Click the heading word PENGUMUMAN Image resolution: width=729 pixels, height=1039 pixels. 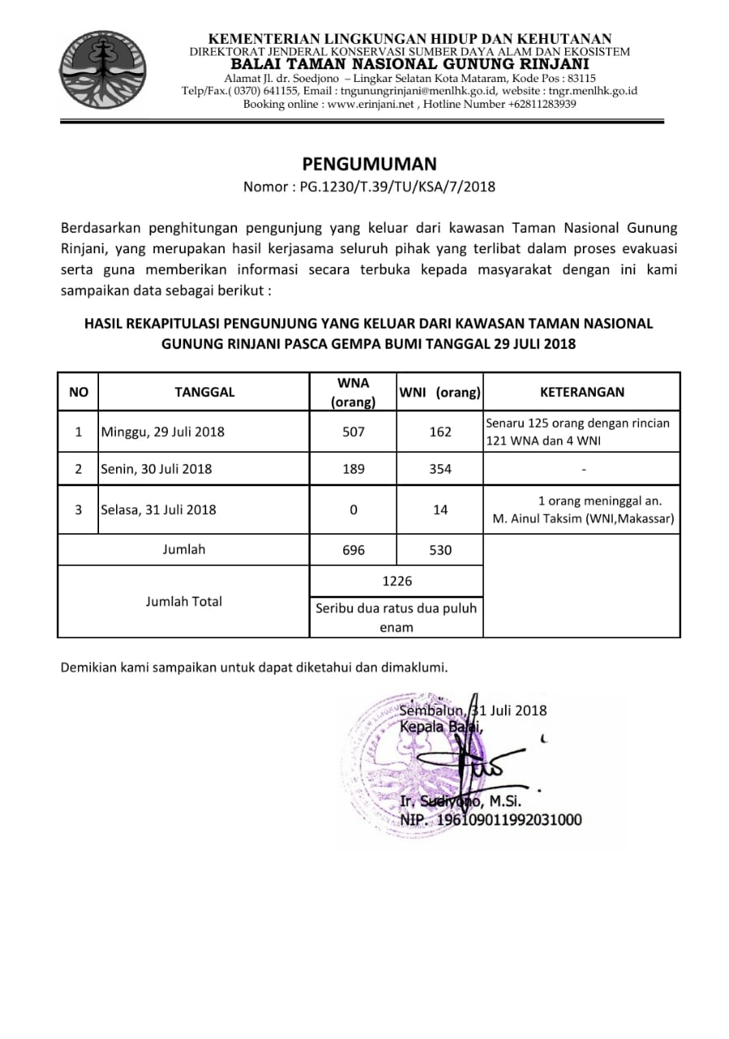tap(369, 164)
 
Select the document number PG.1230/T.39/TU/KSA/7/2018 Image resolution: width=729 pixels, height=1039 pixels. tap(397, 187)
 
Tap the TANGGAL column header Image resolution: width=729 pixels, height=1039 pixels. tap(205, 392)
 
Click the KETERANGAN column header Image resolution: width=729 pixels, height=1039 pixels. tap(582, 392)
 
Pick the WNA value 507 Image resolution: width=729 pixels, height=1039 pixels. tap(354, 432)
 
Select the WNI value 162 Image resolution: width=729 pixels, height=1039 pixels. tap(440, 432)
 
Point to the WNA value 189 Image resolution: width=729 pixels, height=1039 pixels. tap(354, 469)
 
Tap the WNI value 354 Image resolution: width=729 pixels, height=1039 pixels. tap(440, 469)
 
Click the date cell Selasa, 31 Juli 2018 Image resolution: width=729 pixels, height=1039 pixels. tap(159, 510)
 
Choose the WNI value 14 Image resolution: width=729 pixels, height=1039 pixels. tap(440, 510)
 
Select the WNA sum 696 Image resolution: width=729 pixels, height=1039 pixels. tap(354, 550)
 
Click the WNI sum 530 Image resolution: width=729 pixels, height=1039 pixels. tap(440, 550)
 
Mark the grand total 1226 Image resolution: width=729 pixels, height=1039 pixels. tap(398, 581)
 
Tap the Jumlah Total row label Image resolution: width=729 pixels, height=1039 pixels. tap(184, 601)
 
